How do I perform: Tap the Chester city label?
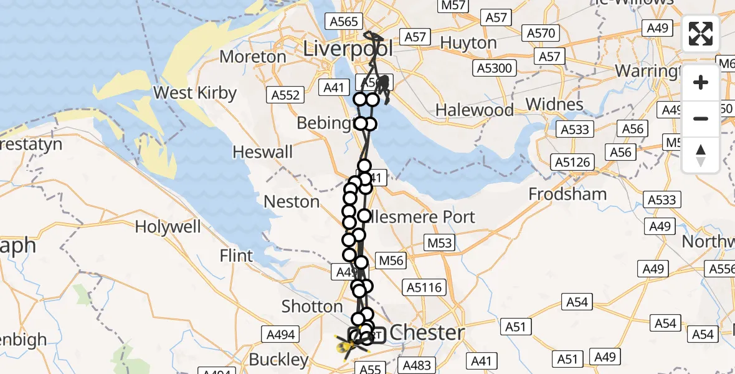427,332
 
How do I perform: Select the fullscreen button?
701,34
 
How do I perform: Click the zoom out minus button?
701,118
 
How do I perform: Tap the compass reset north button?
701,155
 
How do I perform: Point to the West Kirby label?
195,93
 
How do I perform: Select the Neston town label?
292,202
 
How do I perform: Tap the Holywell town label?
168,227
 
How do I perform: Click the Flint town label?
237,256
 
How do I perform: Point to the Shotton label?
312,307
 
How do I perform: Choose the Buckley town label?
278,360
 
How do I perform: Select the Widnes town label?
554,103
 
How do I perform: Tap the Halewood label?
475,111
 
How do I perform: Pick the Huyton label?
468,44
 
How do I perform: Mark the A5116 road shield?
425,287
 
